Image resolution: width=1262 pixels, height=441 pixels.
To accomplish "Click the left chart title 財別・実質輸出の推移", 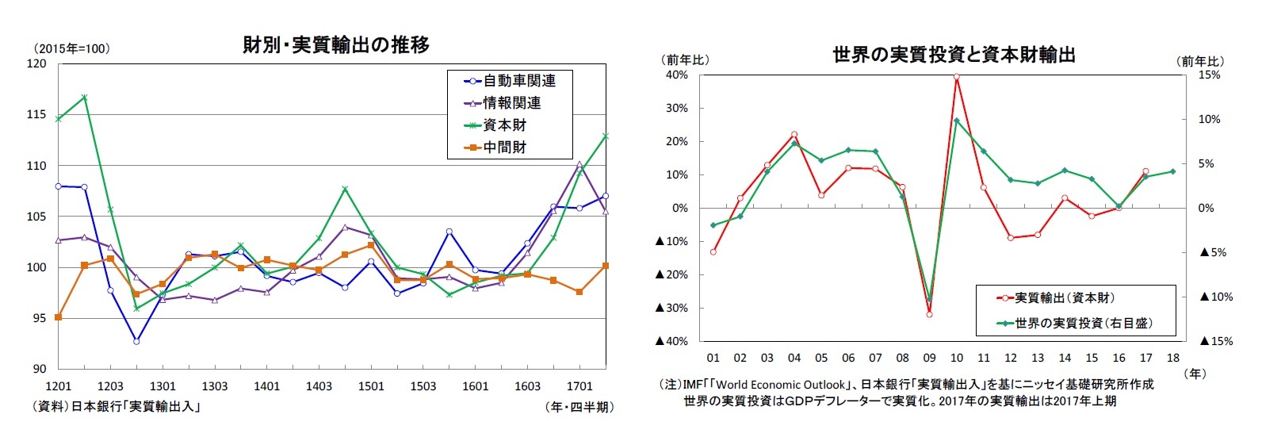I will (336, 45).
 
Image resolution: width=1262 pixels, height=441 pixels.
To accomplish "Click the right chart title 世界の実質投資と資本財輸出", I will (954, 55).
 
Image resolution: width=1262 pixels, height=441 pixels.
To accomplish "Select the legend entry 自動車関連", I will (519, 81).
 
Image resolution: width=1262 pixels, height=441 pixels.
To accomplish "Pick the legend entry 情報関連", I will (512, 103).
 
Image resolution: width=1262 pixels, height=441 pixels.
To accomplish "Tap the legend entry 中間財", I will (505, 148).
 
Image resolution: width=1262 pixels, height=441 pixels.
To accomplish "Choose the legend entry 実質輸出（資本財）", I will (1064, 298).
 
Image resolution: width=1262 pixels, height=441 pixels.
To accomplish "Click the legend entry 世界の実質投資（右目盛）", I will (1083, 323).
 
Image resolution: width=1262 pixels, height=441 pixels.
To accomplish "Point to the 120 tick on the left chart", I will (36, 64).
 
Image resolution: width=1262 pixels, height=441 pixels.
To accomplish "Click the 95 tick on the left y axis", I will (40, 318).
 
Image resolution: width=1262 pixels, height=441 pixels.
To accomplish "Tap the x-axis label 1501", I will (371, 386).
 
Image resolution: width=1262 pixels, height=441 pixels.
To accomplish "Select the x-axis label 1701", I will (579, 386).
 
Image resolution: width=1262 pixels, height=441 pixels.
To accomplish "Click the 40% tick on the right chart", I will (677, 75).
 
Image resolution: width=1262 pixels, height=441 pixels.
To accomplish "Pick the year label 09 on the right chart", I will (929, 358).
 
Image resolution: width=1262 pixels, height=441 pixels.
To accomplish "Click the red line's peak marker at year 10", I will (957, 77).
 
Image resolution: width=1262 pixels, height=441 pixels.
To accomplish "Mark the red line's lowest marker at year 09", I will (929, 314).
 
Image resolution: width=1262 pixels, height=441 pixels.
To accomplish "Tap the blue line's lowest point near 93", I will (136, 341).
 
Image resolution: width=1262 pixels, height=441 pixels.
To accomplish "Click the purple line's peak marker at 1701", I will (579, 165).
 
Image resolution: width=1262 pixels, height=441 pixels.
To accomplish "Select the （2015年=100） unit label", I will (71, 49).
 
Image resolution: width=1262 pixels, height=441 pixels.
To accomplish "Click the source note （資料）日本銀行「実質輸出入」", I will (115, 407).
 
